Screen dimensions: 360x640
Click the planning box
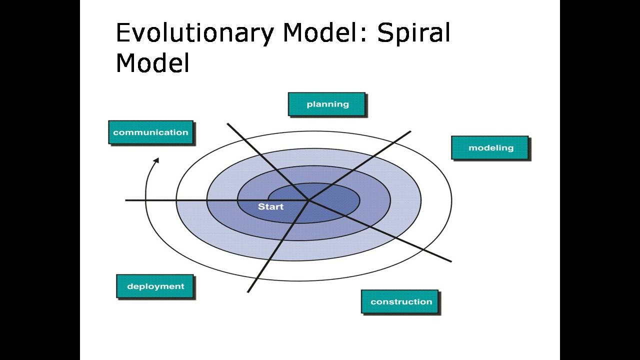(327, 104)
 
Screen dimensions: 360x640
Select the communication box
(151, 132)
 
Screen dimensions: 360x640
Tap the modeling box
(490, 148)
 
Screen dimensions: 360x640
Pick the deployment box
(155, 286)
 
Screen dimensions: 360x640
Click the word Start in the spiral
(270, 206)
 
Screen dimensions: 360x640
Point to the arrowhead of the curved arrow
(156, 160)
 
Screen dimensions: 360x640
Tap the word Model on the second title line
(152, 63)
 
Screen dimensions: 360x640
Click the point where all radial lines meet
(308, 200)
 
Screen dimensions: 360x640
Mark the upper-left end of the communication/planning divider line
(228, 123)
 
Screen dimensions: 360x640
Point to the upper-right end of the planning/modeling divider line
(410, 131)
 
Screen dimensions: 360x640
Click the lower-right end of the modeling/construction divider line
(450, 261)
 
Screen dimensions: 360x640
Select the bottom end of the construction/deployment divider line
(248, 291)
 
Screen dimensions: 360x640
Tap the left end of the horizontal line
(126, 200)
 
